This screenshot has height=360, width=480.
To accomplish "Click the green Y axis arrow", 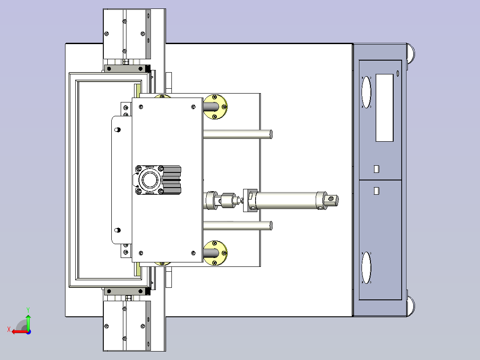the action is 28,322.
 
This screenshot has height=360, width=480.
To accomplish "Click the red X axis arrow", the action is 19,331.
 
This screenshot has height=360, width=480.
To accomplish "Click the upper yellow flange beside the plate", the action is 215,106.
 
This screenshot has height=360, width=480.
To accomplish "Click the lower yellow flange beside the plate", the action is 215,253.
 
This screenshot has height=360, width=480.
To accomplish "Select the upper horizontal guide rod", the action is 238,134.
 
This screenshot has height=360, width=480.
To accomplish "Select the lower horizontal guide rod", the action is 238,225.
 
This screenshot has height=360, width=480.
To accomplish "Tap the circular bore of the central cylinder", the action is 150,180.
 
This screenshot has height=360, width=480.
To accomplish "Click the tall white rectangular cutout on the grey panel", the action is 385,108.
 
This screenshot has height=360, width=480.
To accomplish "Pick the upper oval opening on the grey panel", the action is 366,92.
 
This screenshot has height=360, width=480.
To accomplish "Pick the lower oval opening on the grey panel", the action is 366,268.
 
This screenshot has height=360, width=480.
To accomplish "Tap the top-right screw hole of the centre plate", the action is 193,107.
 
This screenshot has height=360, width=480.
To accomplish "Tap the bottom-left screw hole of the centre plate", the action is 141,253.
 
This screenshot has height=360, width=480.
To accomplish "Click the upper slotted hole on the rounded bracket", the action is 117,130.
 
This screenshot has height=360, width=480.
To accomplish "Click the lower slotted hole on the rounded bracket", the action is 117,230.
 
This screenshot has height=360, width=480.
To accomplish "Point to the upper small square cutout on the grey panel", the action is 377,169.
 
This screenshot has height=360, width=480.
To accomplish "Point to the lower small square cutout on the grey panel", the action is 377,191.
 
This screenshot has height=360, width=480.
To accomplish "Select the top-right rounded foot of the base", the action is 411,53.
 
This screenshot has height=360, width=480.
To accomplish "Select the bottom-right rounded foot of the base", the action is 411,307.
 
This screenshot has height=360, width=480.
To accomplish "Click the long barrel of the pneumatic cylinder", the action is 286,200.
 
